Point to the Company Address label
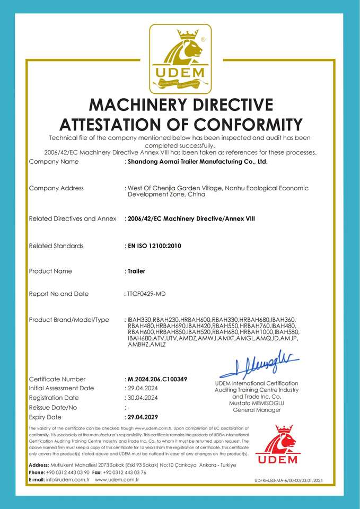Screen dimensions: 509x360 (x=56, y=188)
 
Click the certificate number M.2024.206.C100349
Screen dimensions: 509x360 (x=157, y=379)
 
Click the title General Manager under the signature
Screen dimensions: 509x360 (x=257, y=410)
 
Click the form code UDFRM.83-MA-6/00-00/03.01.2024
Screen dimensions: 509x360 (x=288, y=480)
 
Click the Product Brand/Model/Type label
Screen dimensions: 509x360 (x=69, y=320)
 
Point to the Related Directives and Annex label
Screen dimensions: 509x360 (x=73, y=218)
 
